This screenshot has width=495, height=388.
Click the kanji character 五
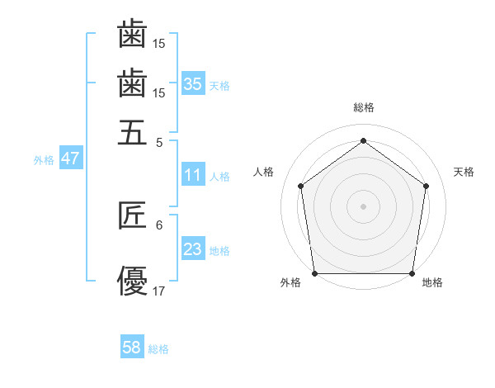click(132, 132)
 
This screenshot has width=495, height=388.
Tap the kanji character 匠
click(132, 215)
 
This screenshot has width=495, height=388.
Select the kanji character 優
click(132, 280)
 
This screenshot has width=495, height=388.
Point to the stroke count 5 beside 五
click(158, 141)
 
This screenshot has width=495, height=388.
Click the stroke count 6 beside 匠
click(158, 225)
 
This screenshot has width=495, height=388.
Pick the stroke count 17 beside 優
click(159, 291)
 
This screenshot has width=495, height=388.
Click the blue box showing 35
click(193, 83)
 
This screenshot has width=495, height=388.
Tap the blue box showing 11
click(193, 175)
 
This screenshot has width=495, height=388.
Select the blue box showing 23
click(193, 249)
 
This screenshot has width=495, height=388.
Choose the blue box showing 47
click(70, 159)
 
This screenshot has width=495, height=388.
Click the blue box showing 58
click(132, 348)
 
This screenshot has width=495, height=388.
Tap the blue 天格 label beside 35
click(219, 85)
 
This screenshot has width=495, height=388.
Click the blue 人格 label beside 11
click(219, 177)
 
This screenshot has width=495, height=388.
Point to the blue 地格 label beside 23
click(219, 251)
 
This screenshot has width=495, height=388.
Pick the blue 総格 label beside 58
click(158, 349)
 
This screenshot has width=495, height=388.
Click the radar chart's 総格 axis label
click(363, 107)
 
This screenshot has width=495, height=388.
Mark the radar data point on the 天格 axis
click(426, 186)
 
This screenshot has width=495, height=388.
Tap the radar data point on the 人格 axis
click(300, 186)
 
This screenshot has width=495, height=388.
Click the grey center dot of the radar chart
click(363, 206)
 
